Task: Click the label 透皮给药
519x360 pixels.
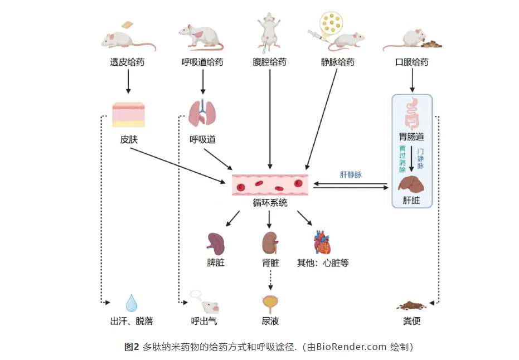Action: [x=127, y=62]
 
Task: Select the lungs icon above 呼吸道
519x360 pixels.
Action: [x=201, y=113]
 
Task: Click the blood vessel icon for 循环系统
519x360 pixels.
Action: [x=270, y=184]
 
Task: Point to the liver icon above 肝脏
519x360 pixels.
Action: [x=412, y=184]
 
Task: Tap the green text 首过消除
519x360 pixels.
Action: [x=402, y=158]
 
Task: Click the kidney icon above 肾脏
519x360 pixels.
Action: [x=270, y=243]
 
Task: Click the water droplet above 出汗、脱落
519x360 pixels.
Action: [x=132, y=303]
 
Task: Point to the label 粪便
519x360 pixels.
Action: [x=411, y=322]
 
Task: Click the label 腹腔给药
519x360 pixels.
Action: [x=270, y=62]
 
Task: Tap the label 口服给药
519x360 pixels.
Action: [x=411, y=62]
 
